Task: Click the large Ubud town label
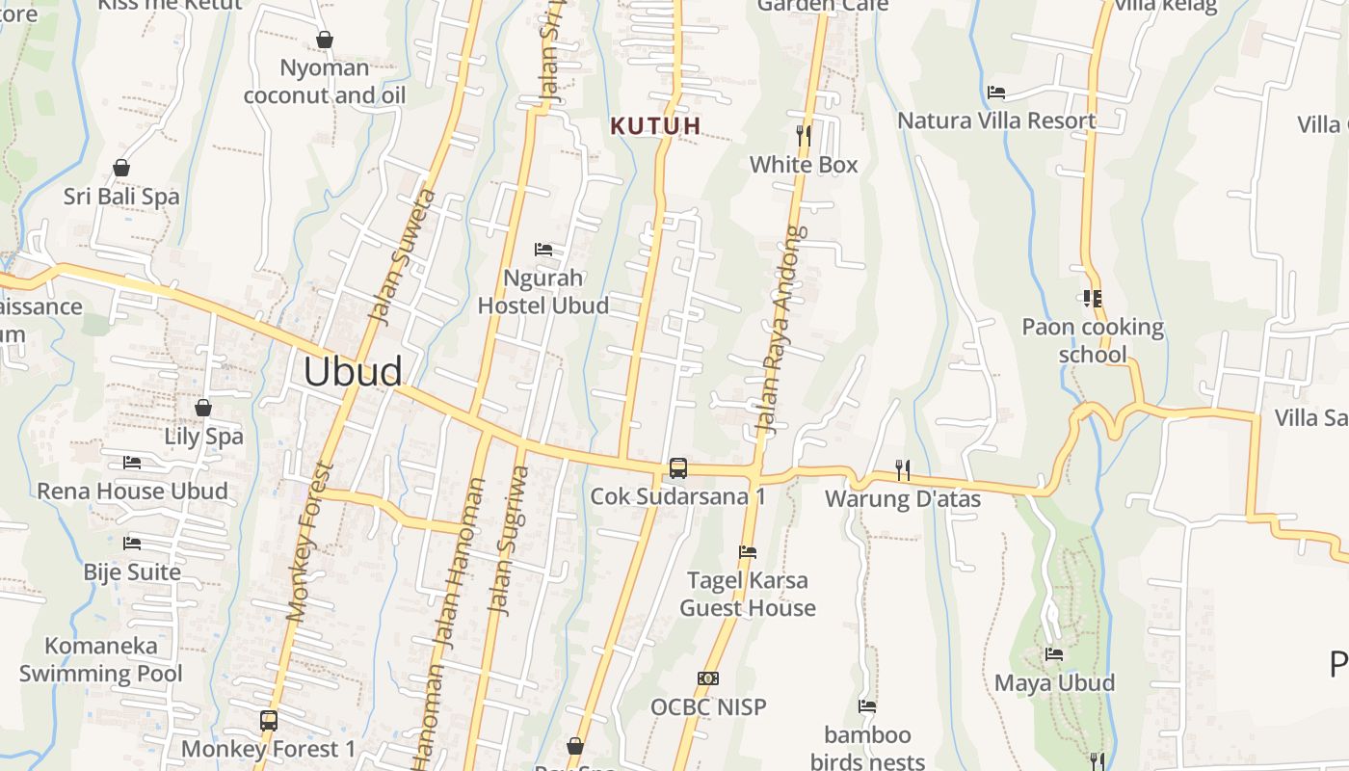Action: [353, 372]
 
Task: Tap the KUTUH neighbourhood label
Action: [655, 125]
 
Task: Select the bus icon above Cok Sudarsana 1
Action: [678, 468]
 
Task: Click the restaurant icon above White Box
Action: [804, 135]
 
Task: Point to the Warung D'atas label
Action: [903, 499]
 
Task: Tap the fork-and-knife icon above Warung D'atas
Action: [903, 469]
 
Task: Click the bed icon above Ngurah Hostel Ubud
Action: [543, 250]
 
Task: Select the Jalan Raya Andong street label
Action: [779, 328]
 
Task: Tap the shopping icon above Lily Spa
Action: [203, 408]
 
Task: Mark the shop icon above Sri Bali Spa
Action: [121, 168]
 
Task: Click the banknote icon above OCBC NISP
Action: [708, 678]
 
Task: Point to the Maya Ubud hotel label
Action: [1054, 683]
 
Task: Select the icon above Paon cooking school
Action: [1092, 299]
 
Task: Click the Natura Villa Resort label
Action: [996, 121]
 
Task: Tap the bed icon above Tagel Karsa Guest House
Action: [747, 552]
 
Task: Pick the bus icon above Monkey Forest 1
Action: [269, 720]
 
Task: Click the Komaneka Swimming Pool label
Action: [101, 659]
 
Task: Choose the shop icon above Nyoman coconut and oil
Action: [325, 40]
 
